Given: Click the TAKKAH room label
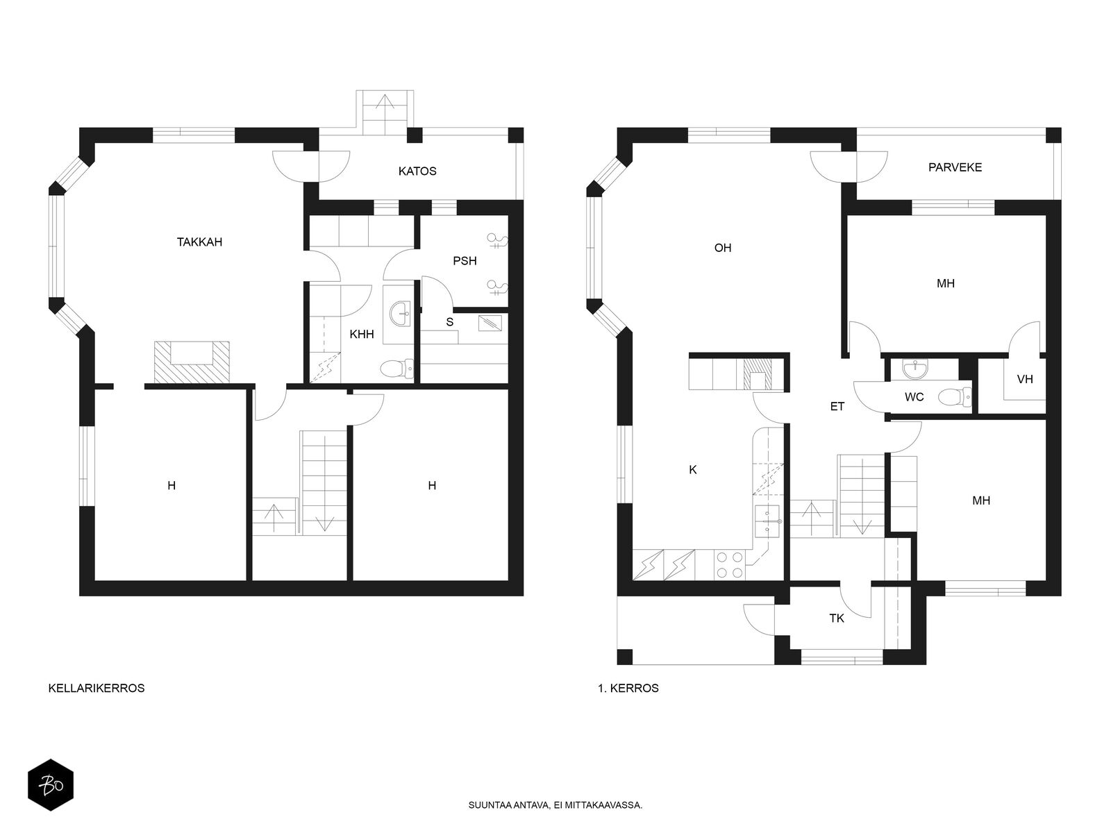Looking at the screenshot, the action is tap(199, 242).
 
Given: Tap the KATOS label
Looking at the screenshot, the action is tap(417, 171).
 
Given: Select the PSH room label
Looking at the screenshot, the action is tap(465, 261).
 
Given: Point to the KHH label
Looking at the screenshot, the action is tap(362, 334).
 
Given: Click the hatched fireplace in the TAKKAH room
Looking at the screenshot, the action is tap(192, 362).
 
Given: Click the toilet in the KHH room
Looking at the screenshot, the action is tap(396, 369).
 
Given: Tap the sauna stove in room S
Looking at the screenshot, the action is tap(490, 323).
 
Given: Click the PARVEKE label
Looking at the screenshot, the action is tap(955, 167).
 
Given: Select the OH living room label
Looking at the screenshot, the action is tap(722, 248).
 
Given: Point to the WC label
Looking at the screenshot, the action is tap(914, 397).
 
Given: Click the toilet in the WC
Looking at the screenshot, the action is tap(955, 397).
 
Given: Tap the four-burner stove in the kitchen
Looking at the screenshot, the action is tap(730, 565).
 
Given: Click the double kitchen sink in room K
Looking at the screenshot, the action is tap(768, 521).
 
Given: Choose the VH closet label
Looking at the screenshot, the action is tap(1024, 379).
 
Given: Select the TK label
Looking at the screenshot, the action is tap(836, 618).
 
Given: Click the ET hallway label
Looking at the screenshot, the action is tap(837, 406).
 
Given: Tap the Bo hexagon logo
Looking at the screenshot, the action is tap(51, 785).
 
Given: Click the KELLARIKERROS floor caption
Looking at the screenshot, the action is tap(96, 688).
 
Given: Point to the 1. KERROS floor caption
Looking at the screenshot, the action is tap(628, 688).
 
